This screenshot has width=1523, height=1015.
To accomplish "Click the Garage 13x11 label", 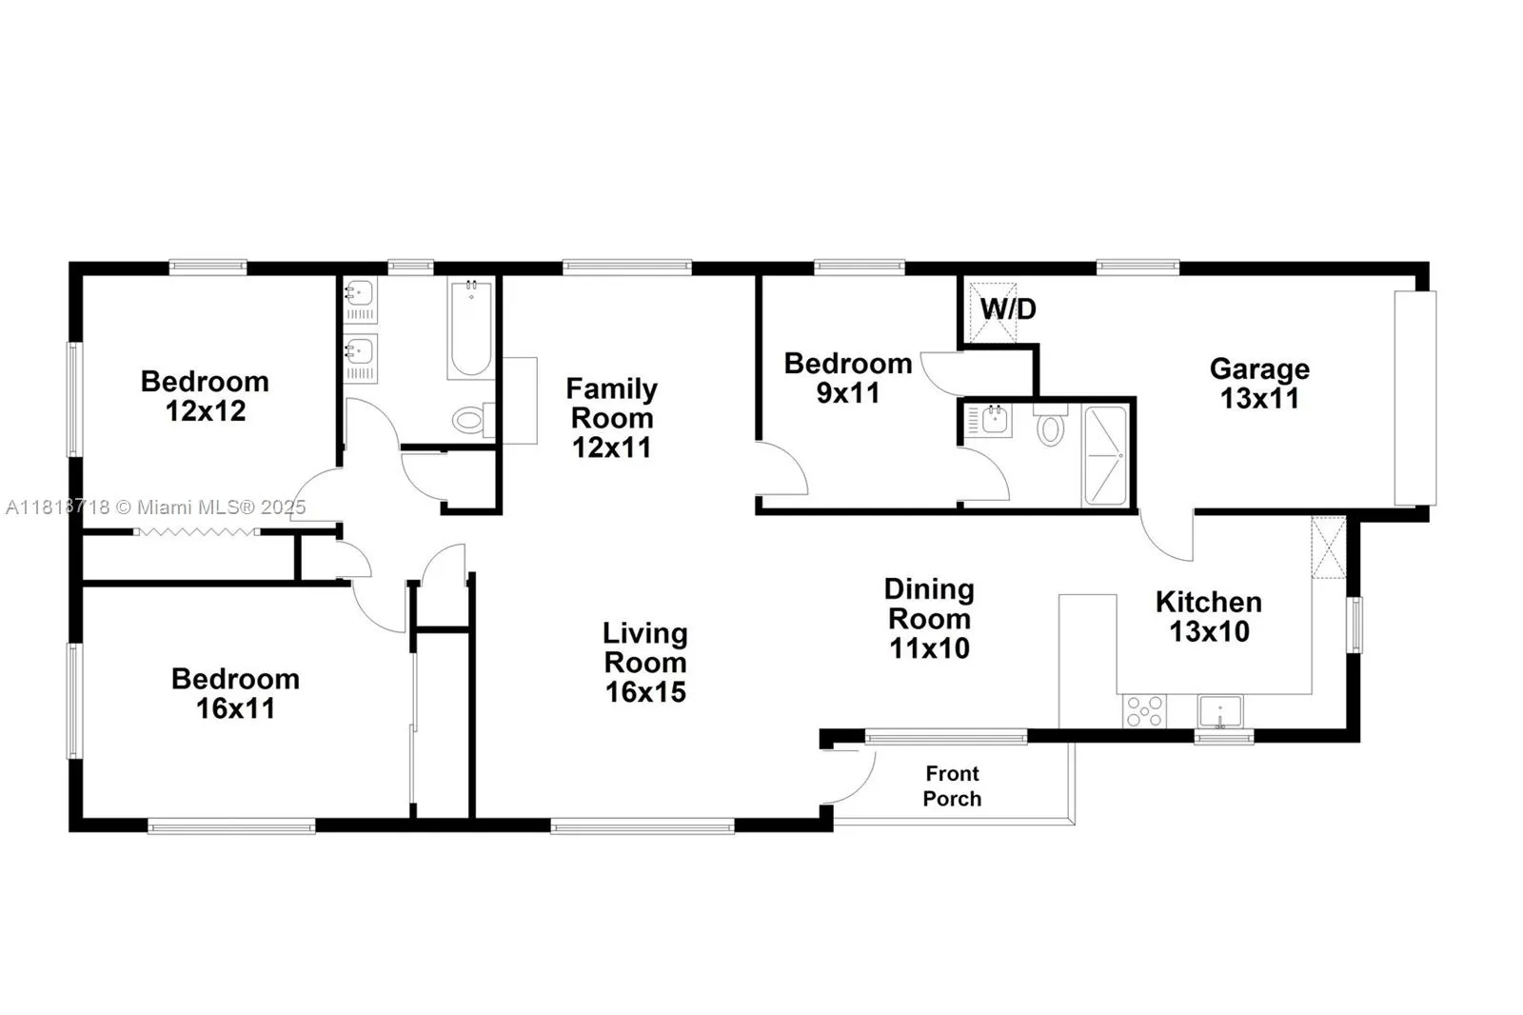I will [1258, 383].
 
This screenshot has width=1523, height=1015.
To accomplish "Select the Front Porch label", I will [951, 786].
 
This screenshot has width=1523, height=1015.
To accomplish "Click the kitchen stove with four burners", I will [1144, 710].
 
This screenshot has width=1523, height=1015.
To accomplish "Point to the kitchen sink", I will [1219, 711].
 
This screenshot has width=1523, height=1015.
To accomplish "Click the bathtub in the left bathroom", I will [470, 328].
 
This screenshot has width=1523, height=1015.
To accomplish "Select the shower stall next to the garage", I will [1105, 455].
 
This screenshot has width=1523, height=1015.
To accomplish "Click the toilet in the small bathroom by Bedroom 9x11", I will [1050, 426].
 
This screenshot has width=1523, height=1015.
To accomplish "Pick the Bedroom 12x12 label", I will [205, 395].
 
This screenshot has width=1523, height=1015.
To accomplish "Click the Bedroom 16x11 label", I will [235, 692].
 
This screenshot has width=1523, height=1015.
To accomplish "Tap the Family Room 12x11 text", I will [611, 417].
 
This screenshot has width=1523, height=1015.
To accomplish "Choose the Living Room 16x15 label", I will [644, 662].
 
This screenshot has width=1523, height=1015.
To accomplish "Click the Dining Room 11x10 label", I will [928, 618].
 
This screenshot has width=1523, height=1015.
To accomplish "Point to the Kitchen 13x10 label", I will [1208, 615].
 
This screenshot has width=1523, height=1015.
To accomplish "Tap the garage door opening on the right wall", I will [1414, 397].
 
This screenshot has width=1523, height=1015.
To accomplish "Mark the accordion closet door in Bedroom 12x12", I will [196, 531].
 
